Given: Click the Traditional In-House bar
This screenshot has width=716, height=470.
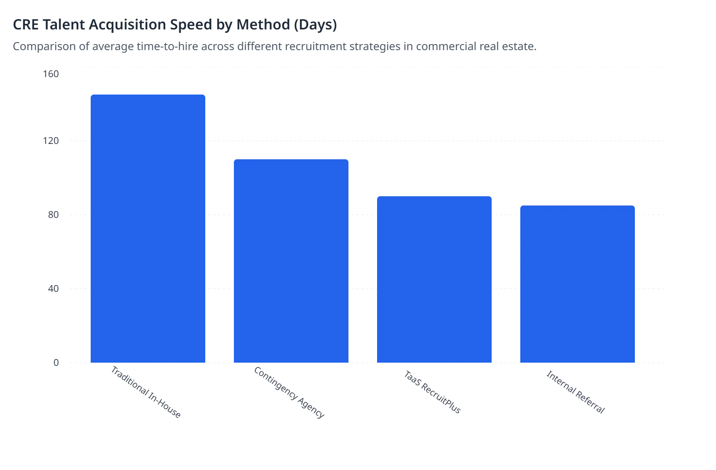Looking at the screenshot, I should pos(148,229).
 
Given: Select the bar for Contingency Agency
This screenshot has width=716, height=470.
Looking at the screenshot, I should pos(291,261).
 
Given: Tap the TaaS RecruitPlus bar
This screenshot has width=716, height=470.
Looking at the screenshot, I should pos(434,279).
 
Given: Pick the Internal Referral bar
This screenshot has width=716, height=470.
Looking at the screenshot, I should pos(578,284).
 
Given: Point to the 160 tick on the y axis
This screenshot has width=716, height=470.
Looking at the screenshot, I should pos(51,74).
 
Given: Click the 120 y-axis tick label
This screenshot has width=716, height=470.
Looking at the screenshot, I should pos(51,141).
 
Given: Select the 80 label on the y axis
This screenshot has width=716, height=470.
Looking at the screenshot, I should pos(53,215).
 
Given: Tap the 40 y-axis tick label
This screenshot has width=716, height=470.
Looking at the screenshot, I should pos(53,289).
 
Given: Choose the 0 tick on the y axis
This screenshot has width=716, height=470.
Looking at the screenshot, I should pos(56,363).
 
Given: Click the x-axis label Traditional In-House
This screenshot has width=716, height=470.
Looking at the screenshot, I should pos(146,392).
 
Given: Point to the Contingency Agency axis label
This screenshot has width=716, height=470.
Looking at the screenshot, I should pos(289,392).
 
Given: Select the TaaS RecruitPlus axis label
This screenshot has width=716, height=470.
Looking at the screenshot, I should pos(432,392).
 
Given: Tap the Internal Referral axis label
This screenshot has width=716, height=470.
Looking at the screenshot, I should pos(576,392).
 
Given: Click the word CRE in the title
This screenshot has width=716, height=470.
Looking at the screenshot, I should pos(26,25).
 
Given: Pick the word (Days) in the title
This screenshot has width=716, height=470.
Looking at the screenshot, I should pos(315,25).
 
